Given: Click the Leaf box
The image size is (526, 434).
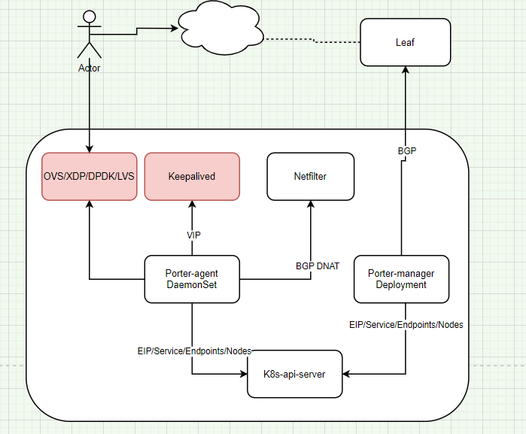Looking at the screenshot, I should coord(405,42).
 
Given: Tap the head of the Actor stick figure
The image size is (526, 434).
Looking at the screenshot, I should coord(90,17).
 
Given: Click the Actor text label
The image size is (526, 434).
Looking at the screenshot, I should coord(90,68).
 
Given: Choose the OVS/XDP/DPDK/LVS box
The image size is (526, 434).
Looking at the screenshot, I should coord(90,177).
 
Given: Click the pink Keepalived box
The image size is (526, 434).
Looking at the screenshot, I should coord(192,177).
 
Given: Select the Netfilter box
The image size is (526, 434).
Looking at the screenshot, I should coord(311,177).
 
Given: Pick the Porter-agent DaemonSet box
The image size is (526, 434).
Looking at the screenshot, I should coord(192,280).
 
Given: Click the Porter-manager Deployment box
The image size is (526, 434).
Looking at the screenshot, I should coord(402,279).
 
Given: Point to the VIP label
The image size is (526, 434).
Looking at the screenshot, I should coord(193,235).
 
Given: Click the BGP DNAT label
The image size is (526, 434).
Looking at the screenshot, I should coord(317,266).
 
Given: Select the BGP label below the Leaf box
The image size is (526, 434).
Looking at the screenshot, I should coord(406,151).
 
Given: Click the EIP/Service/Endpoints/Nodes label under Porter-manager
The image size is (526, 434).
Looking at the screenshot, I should coord(406,325).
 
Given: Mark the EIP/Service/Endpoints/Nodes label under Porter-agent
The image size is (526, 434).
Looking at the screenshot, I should coord(194,351).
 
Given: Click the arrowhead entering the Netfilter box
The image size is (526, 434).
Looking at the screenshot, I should coord(311,205).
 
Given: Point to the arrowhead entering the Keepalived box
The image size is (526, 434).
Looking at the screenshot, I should coord(192,205).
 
